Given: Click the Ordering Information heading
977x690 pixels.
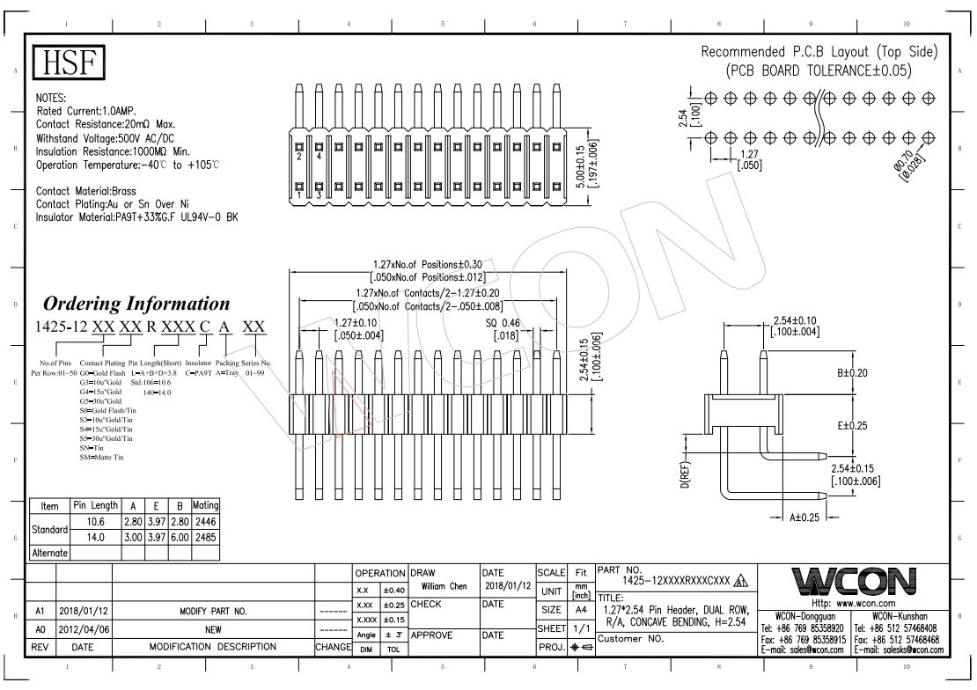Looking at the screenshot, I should (137, 304).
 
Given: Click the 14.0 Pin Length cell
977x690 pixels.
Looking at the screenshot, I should (95, 538).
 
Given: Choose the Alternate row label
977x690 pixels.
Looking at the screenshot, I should (49, 554).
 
